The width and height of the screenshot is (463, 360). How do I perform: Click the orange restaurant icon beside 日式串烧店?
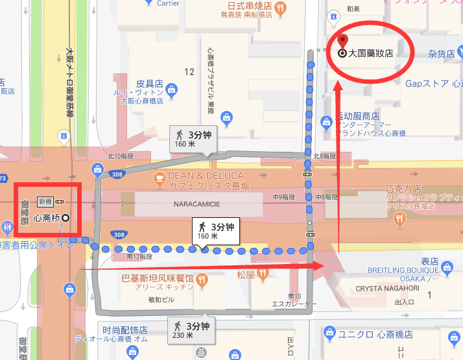(x=280, y=8)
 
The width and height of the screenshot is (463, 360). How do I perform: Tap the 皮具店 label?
(x=148, y=84)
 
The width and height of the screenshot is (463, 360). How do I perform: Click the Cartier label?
(x=168, y=3)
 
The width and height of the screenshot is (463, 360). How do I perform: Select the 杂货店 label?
(x=442, y=54)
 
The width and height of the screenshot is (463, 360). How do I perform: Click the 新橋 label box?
(x=45, y=202)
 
